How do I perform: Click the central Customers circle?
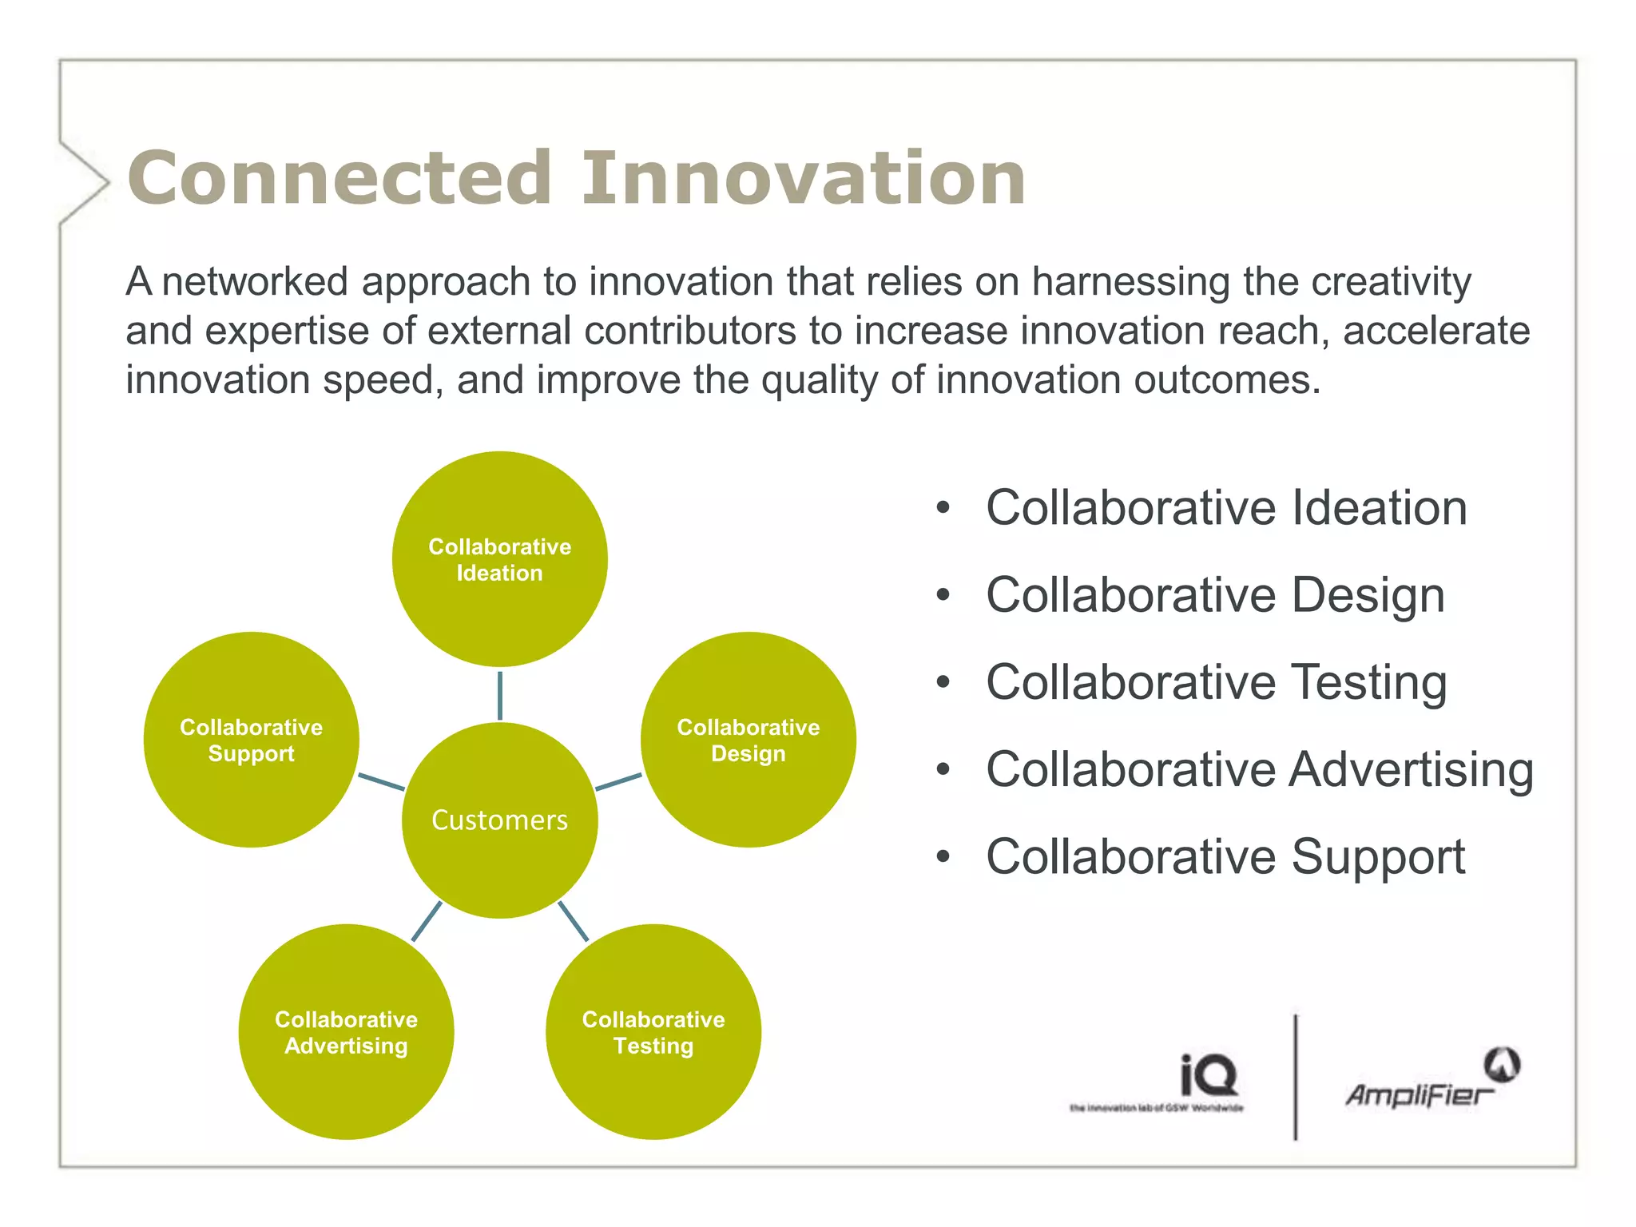(499, 820)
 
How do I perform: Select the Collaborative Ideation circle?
(499, 559)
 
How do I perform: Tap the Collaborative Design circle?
(748, 740)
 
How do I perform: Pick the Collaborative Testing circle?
(653, 1032)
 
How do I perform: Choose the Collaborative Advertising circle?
(346, 1032)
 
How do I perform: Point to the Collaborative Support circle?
(251, 740)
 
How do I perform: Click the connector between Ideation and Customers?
(499, 695)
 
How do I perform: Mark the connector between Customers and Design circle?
(619, 782)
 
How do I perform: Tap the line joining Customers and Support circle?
(381, 782)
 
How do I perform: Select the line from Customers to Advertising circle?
(426, 922)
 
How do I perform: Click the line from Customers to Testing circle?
(573, 921)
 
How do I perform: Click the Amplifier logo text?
(1419, 1094)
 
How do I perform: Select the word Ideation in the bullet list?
(1380, 508)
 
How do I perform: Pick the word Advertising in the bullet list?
(1412, 769)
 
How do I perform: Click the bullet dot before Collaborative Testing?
(943, 682)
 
